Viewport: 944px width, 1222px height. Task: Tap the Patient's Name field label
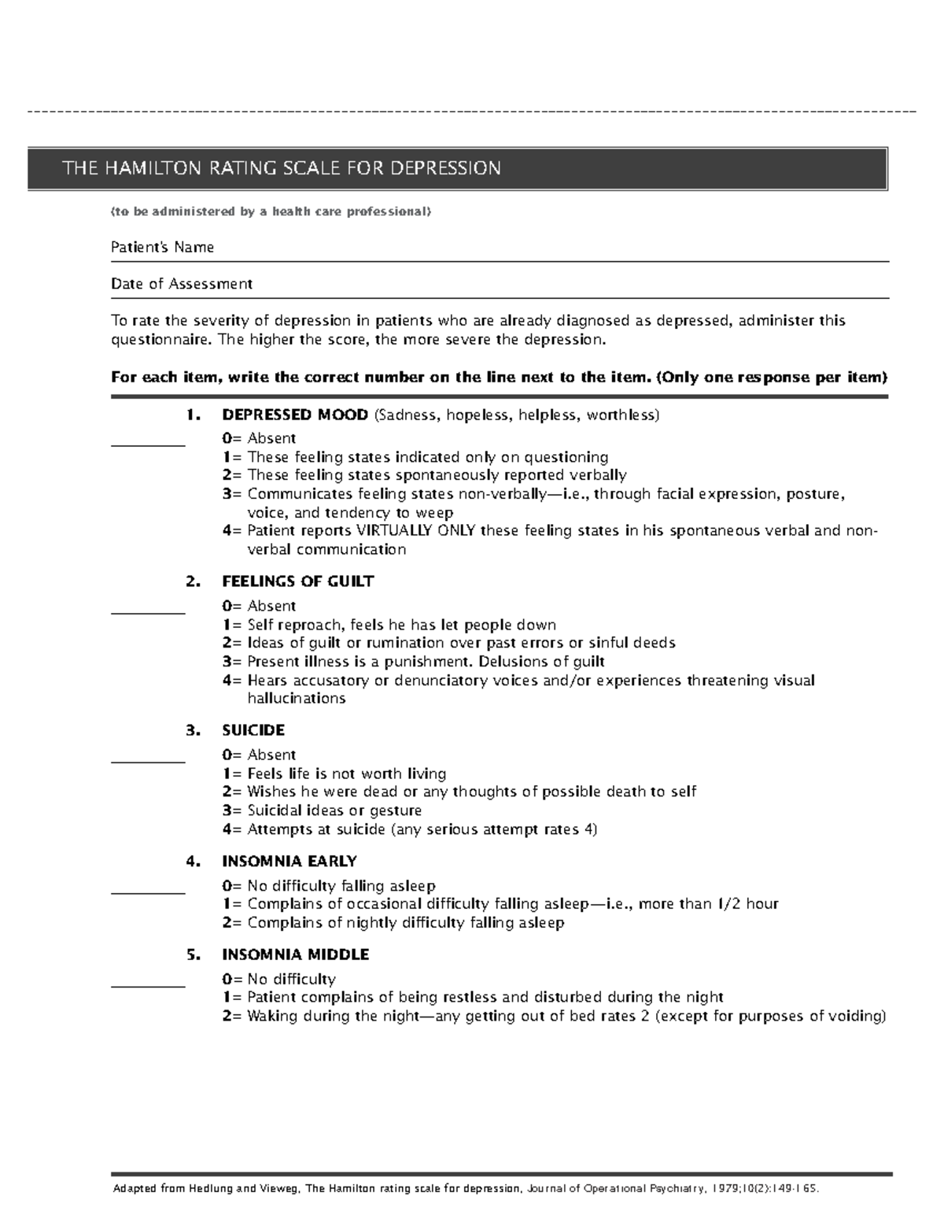[162, 247]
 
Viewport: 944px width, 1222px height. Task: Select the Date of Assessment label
[181, 283]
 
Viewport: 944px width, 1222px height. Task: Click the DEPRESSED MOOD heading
[295, 415]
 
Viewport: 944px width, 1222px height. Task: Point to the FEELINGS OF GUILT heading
[297, 581]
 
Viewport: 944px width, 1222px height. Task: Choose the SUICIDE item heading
[253, 730]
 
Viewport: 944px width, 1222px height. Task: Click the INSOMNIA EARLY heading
[289, 861]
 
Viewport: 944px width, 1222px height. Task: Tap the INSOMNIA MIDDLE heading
[295, 954]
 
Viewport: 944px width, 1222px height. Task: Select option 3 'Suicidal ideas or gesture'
[334, 810]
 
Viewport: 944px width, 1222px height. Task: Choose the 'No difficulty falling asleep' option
[341, 886]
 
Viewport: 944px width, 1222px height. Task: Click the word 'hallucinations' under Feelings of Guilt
[296, 699]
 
